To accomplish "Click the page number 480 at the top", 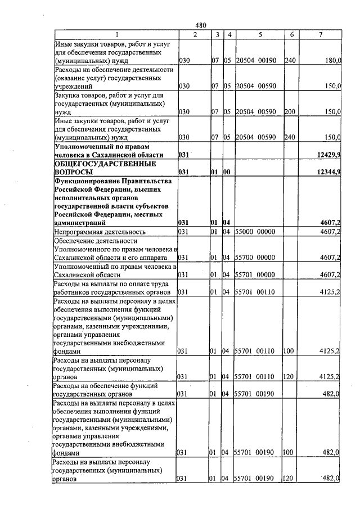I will (x=201, y=25).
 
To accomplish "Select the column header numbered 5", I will (x=260, y=35).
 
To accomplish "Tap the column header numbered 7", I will (x=320, y=35).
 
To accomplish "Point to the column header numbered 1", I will (x=115, y=35).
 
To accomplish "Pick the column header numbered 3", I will (x=217, y=35).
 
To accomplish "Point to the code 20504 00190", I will (x=255, y=60).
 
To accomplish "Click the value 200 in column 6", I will (x=290, y=112).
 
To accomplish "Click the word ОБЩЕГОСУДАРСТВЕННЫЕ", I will (x=104, y=164).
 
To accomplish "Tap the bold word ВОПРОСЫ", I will (x=73, y=172).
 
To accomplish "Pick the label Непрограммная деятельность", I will (x=100, y=232).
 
